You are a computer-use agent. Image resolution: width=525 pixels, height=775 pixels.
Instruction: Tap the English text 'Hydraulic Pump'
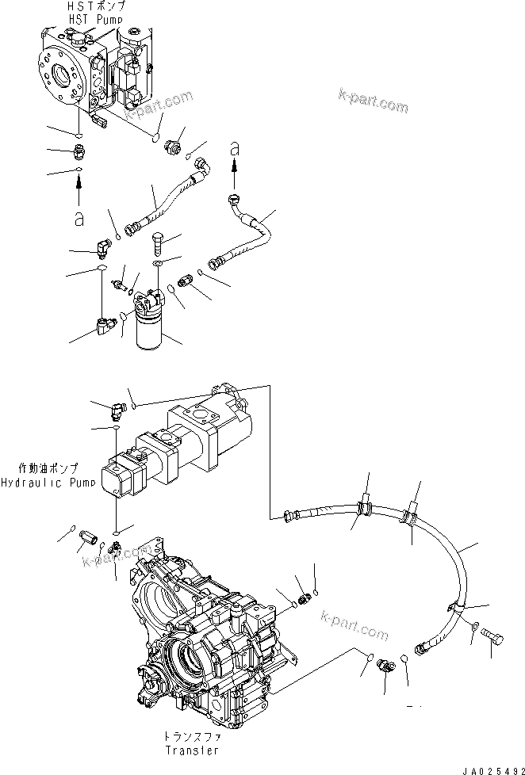(x=44, y=482)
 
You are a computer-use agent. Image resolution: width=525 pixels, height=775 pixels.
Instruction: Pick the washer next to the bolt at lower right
(x=473, y=629)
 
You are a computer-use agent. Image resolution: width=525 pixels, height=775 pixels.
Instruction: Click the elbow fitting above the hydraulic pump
(x=119, y=409)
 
